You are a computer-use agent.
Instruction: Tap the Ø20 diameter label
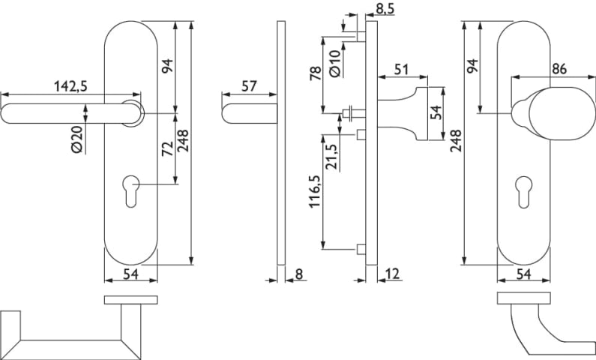[x=79, y=138]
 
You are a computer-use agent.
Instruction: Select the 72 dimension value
[x=167, y=148]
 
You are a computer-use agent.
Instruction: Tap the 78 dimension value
[x=316, y=73]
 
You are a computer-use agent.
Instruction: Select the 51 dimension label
[x=401, y=70]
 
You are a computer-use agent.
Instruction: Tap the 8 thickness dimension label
[x=298, y=274]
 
